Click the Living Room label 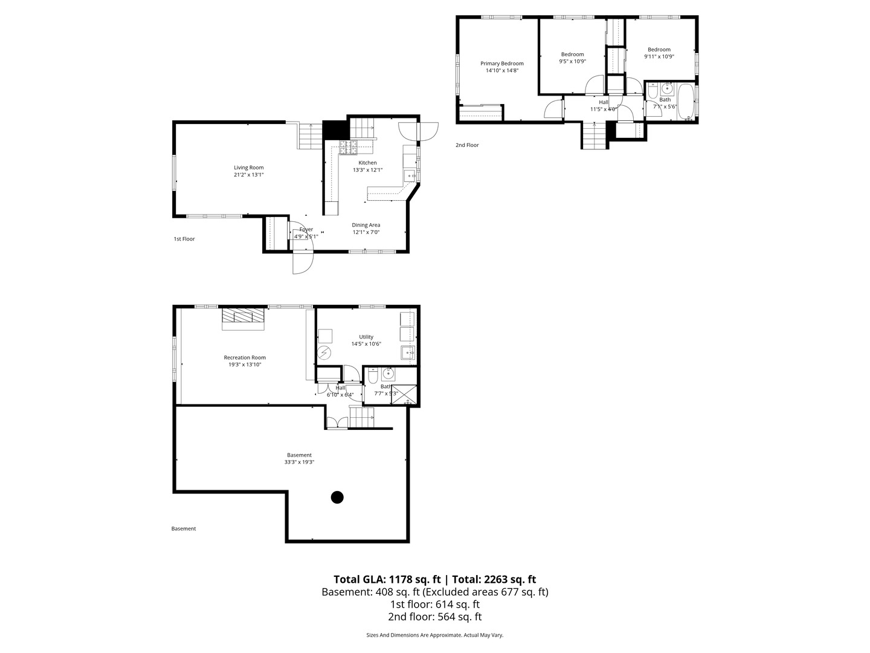pyautogui.click(x=249, y=168)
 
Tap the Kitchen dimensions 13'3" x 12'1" pyautogui.click(x=367, y=170)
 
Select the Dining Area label pyautogui.click(x=366, y=225)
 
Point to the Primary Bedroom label pyautogui.click(x=502, y=63)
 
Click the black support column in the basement pyautogui.click(x=337, y=497)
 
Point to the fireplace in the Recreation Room pyautogui.click(x=243, y=318)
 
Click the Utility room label pyautogui.click(x=366, y=337)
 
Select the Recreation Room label pyautogui.click(x=245, y=357)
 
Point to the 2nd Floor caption pyautogui.click(x=467, y=145)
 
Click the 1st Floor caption pyautogui.click(x=184, y=239)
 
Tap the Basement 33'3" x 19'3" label pyautogui.click(x=300, y=458)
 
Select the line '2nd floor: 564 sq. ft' pyautogui.click(x=435, y=617)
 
